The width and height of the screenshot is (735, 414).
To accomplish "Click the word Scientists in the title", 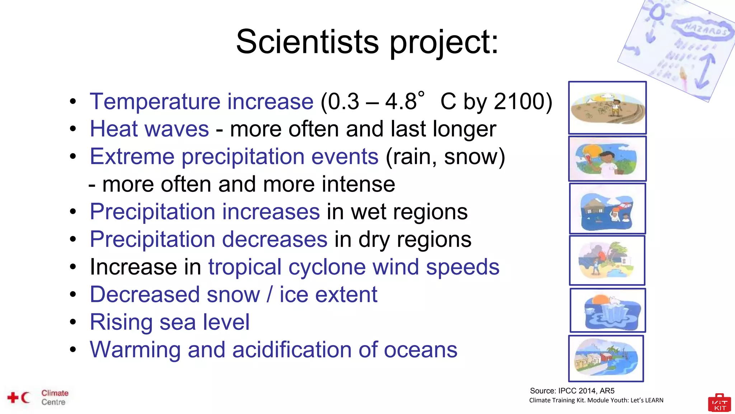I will click(307, 42).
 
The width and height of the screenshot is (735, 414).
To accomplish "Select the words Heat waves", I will click(149, 129).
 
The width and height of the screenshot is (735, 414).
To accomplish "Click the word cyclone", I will click(327, 267).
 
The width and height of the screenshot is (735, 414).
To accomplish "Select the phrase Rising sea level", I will click(169, 322).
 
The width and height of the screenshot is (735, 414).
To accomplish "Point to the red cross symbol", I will click(13, 397).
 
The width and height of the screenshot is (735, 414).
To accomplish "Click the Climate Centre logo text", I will click(55, 397).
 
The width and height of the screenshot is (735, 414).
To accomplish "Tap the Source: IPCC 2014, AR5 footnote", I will click(572, 391).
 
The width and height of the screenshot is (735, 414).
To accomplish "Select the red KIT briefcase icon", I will click(720, 403).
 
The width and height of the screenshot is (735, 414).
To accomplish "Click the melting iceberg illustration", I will click(607, 310).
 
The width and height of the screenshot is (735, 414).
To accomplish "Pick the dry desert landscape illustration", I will click(607, 108).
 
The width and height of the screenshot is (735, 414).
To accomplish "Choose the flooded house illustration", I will click(607, 209).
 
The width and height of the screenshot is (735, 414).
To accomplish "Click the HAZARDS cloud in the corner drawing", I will click(703, 29).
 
